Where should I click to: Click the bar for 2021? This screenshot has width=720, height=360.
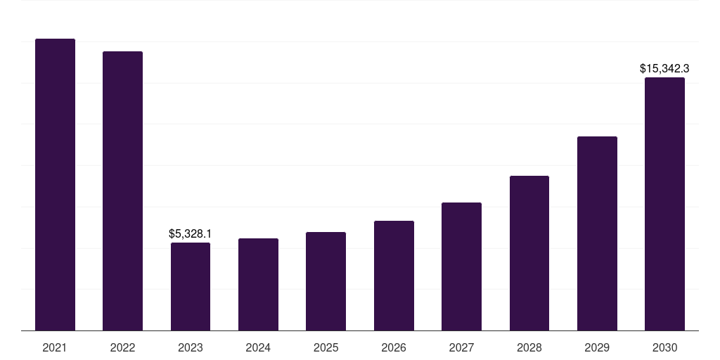pyautogui.click(x=55, y=184)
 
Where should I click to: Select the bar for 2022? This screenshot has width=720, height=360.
pyautogui.click(x=122, y=191)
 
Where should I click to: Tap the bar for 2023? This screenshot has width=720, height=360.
pyautogui.click(x=191, y=286)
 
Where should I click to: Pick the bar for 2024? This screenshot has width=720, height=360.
pyautogui.click(x=258, y=284)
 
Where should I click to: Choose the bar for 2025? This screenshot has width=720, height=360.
pyautogui.click(x=326, y=281)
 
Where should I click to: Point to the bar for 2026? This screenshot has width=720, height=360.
pyautogui.click(x=394, y=276)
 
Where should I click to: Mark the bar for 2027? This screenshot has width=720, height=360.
pyautogui.click(x=461, y=266)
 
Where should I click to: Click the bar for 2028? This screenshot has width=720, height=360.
pyautogui.click(x=529, y=253)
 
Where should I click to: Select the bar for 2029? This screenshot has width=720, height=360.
pyautogui.click(x=597, y=233)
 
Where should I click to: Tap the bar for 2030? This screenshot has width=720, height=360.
pyautogui.click(x=664, y=204)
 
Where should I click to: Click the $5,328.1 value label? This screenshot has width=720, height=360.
pyautogui.click(x=191, y=233)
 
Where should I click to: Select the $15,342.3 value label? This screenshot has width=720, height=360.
pyautogui.click(x=664, y=69)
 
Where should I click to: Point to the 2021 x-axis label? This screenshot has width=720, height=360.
pyautogui.click(x=55, y=347)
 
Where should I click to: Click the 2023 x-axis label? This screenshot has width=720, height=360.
pyautogui.click(x=191, y=347)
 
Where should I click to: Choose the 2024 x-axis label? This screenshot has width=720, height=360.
pyautogui.click(x=258, y=347)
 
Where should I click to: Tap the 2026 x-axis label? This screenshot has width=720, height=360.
pyautogui.click(x=394, y=347)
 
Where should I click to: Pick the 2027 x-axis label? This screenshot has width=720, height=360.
pyautogui.click(x=461, y=347)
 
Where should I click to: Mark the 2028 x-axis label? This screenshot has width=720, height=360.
pyautogui.click(x=529, y=347)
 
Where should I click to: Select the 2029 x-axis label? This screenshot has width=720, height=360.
pyautogui.click(x=597, y=347)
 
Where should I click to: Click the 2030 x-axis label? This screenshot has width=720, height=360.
pyautogui.click(x=664, y=347)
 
